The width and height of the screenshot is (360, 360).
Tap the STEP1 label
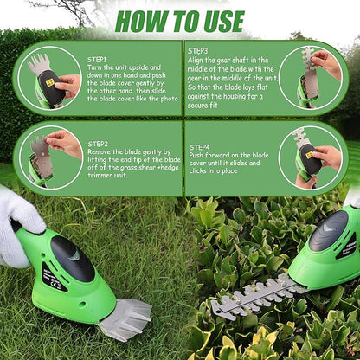[98, 60]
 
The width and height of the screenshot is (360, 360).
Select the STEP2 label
[98, 144]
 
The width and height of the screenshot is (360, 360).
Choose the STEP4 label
[200, 148]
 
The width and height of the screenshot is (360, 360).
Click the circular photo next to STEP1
[49, 78]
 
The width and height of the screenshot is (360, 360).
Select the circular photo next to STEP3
[311, 76]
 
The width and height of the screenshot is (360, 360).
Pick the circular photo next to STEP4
[311, 157]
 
